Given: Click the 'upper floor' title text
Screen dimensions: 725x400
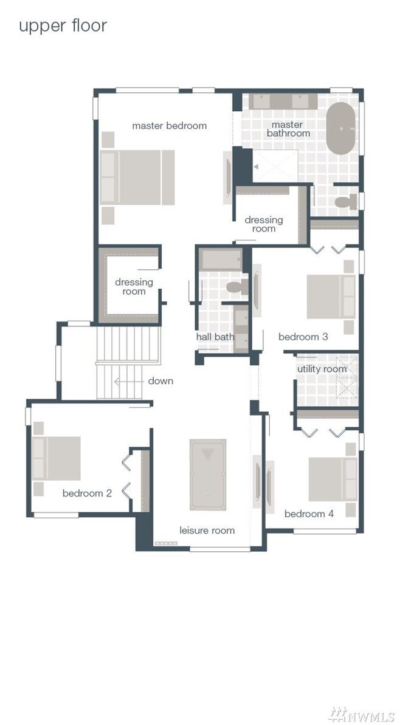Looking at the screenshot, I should pos(63,26).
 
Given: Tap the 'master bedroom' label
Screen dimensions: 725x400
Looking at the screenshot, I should pos(169,126).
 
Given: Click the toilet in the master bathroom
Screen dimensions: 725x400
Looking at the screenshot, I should pos(346,202).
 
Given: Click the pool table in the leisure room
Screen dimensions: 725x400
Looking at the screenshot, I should pos(208,474).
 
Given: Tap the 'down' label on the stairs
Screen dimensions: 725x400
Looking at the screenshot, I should pos(160,381).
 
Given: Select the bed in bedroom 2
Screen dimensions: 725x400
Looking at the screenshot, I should pos(57,458).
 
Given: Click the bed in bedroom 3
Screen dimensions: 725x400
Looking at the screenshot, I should pos(330,297).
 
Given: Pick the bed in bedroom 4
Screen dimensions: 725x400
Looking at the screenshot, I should pos(332,479).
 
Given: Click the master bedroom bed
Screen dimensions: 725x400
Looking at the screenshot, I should pos(138,177).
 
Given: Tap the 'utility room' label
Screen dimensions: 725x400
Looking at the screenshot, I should pos(322,369).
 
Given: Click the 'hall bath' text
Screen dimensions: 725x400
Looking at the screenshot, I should pos(215,337).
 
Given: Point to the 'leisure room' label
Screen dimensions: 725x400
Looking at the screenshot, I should pos(207,531).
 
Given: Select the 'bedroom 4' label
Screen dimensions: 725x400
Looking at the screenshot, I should pos(309,514).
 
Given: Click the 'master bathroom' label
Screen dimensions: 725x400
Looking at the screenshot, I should pos(288,129).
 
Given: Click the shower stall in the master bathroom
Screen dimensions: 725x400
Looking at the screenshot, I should pos(275,165).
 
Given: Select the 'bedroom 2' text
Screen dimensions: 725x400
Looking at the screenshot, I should pos(87,493).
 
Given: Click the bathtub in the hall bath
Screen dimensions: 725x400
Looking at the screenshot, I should pos(221,259).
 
